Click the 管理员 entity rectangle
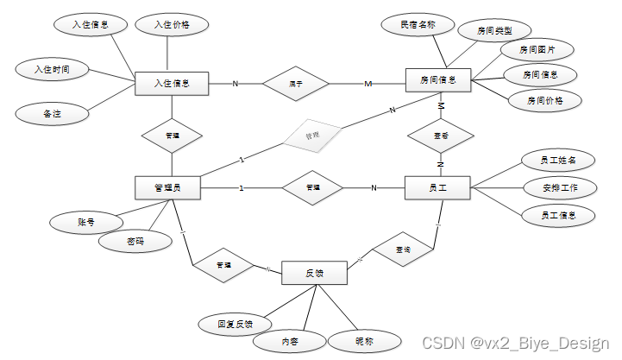167,187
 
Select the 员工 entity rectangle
437,187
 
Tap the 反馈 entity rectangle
314,273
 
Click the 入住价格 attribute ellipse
172,25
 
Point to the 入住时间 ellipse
52,68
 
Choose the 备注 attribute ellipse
52,112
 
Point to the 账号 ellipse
85,223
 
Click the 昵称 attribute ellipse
364,340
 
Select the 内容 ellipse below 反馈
291,342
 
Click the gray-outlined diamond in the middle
313,136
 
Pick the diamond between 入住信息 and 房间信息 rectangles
296,84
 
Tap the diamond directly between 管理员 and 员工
312,187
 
